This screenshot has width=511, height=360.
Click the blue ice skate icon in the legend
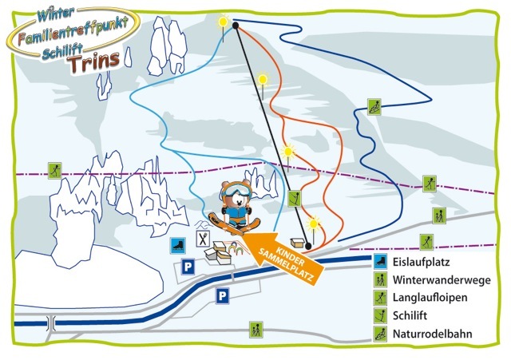click(381, 262)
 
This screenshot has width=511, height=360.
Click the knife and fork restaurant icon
click(203, 238)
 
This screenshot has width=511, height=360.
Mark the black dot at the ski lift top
click(236, 26)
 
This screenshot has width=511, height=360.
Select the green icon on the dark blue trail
click(373, 107)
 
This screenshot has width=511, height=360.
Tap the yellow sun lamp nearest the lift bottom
click(315, 224)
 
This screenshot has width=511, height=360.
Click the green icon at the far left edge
click(54, 169)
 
